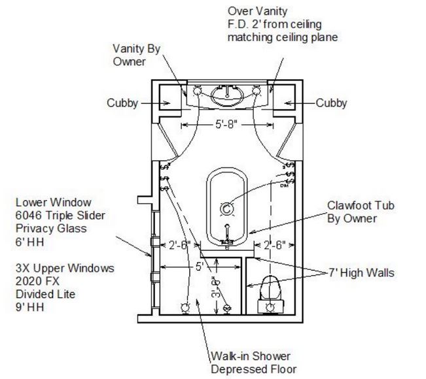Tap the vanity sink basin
226,95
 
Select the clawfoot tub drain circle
226,208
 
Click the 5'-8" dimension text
226,122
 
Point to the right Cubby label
331,103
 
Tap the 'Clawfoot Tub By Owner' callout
361,212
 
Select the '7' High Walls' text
362,272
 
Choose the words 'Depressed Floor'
253,369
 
